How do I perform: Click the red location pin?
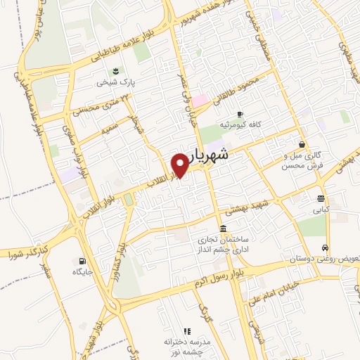(x=180, y=165)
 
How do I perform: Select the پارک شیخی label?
(x=116, y=82)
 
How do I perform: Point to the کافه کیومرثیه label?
(x=240, y=124)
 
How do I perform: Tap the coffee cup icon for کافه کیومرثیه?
(x=240, y=113)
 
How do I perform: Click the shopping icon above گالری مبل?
(x=302, y=143)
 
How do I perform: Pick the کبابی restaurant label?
(x=321, y=210)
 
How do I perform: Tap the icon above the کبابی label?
(x=321, y=198)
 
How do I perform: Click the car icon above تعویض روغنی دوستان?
(x=324, y=247)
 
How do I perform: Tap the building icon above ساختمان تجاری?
(x=223, y=229)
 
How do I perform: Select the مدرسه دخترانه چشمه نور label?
(x=187, y=345)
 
